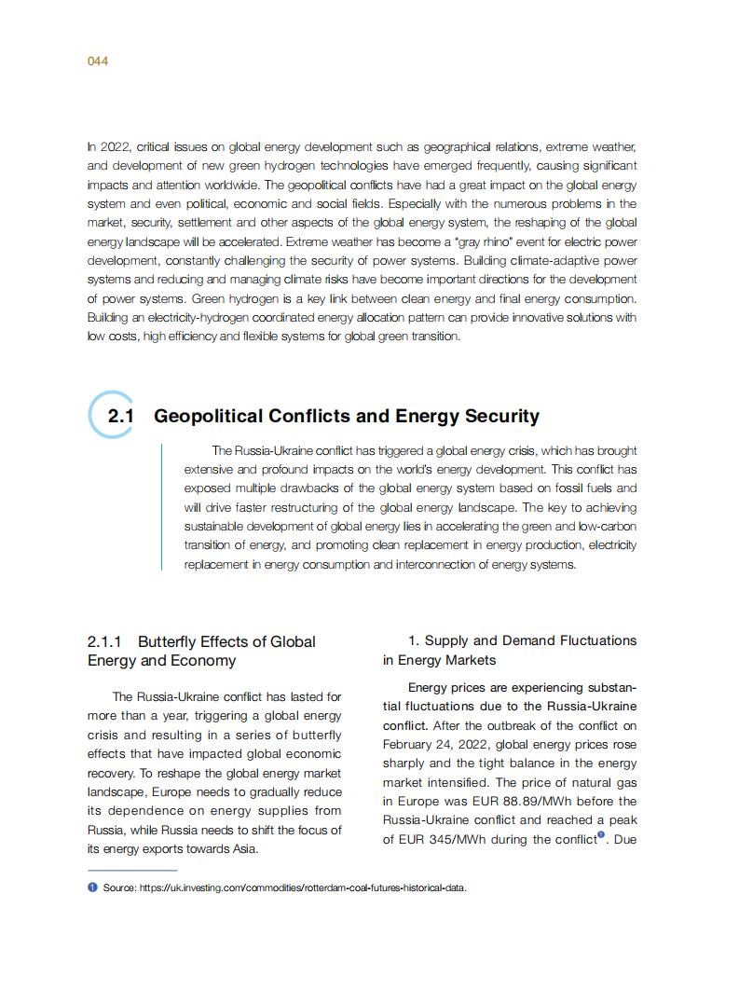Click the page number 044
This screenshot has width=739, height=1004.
point(98,62)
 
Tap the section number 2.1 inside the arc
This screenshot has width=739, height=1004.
point(121,417)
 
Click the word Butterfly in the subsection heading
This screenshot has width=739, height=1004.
point(168,641)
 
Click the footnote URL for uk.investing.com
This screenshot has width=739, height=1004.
point(302,887)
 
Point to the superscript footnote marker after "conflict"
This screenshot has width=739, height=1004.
point(601,835)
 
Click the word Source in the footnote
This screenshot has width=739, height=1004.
point(118,887)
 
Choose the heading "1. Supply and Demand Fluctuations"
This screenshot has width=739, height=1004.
point(522,640)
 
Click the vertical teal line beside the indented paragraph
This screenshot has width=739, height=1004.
point(162,506)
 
